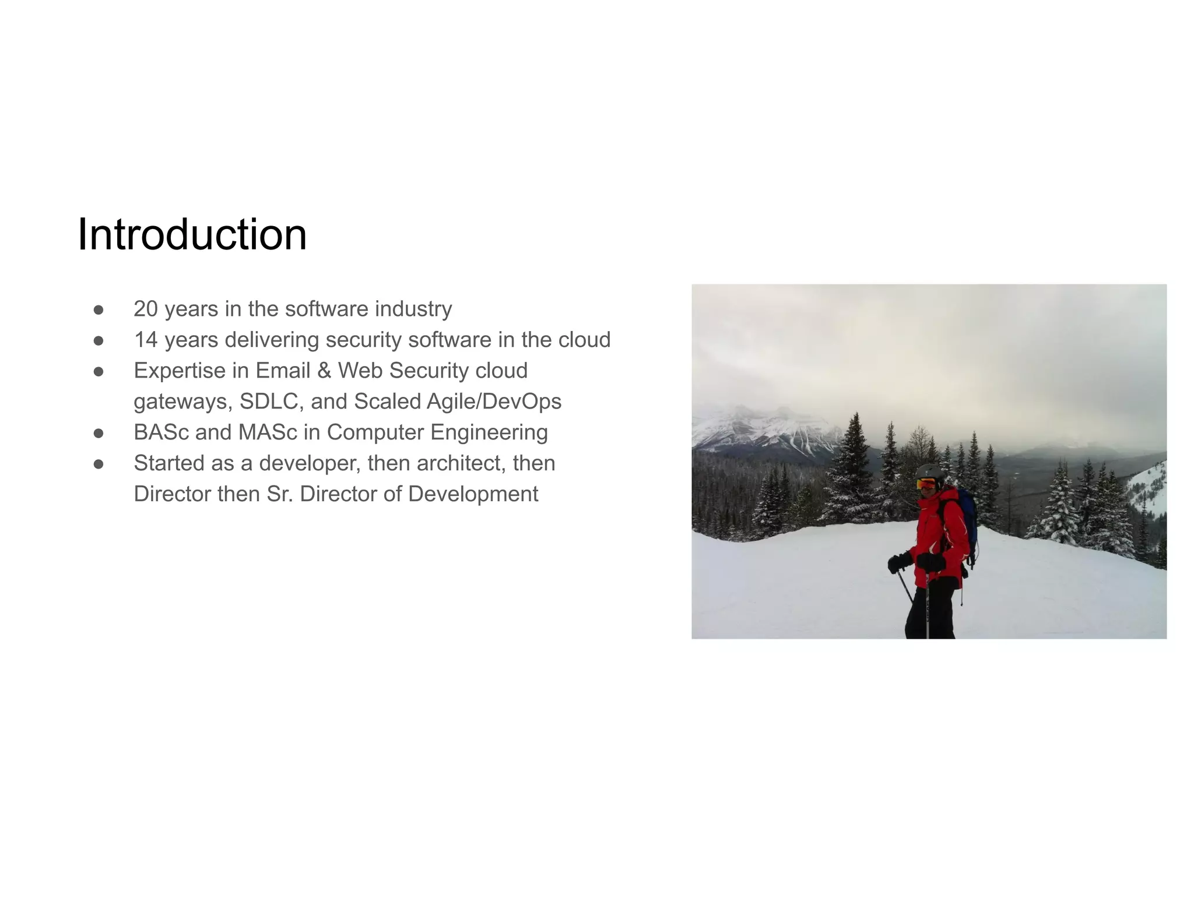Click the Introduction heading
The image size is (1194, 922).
192,234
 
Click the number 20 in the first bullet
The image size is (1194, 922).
146,309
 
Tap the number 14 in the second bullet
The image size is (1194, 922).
146,340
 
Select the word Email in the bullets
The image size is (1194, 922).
282,371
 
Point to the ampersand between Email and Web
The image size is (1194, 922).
324,371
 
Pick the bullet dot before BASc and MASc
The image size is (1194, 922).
99,433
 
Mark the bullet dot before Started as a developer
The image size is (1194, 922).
99,464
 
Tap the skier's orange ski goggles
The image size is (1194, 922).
926,484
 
